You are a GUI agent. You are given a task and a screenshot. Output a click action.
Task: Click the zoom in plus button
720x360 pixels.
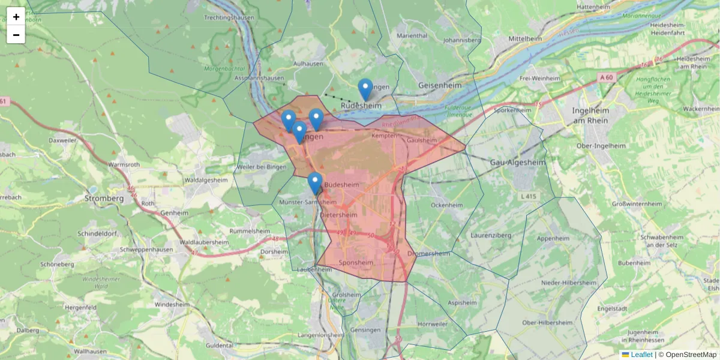[16, 17]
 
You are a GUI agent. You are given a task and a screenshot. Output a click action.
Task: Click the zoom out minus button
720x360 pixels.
[16, 35]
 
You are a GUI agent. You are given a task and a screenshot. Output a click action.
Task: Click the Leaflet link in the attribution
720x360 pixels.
[641, 355]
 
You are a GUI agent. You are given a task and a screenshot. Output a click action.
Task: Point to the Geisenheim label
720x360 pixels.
[440, 86]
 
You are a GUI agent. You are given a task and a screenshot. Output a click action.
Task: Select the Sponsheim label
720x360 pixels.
[356, 262]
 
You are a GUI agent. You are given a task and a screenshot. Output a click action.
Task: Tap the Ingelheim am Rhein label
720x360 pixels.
[590, 116]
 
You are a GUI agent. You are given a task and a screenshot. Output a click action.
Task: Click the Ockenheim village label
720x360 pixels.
[447, 205]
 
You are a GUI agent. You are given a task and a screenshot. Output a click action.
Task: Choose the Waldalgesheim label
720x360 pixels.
[206, 179]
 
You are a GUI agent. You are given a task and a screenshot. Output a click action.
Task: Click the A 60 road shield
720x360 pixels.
[606, 77]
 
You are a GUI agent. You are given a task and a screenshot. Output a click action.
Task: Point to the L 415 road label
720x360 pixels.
[528, 196]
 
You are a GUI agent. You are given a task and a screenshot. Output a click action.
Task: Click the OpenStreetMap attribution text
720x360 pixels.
[691, 355]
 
